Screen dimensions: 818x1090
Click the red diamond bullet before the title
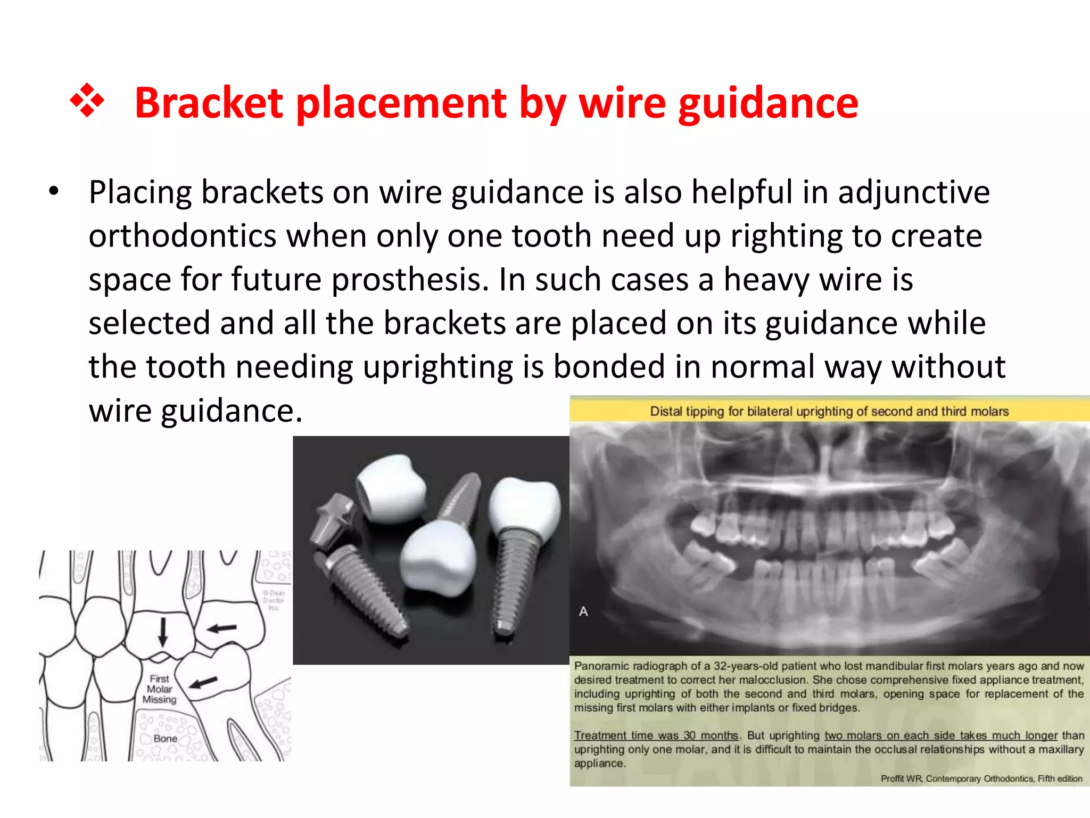pos(87,101)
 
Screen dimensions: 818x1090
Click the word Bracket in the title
pos(209,102)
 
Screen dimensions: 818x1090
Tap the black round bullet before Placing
pos(53,191)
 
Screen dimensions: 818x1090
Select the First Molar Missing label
pos(159,689)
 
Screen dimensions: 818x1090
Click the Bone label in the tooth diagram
pos(165,739)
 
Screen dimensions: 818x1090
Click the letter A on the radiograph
pos(583,611)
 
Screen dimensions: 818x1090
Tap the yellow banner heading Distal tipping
pos(829,411)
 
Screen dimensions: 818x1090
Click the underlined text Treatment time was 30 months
pos(656,735)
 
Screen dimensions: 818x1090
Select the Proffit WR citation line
pos(981,779)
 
